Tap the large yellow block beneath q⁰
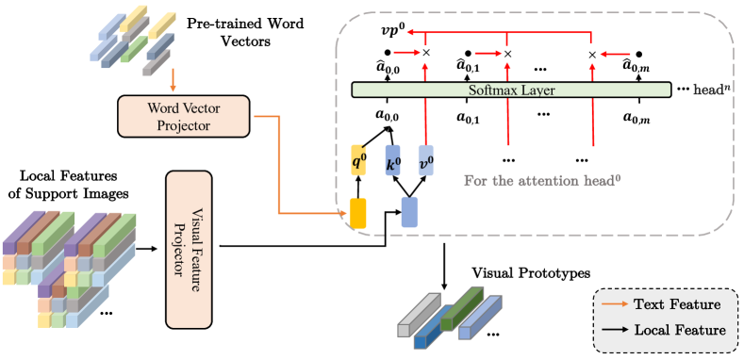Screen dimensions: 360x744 (x=358, y=212)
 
